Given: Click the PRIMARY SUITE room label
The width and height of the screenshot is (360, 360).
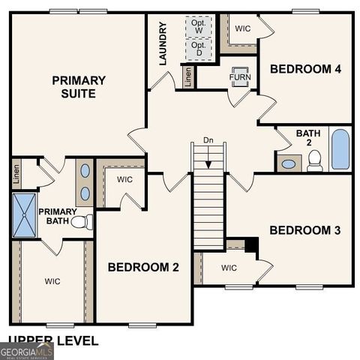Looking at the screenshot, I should tap(78, 86).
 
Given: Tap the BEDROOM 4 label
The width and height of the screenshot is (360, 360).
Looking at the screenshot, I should tap(305, 69).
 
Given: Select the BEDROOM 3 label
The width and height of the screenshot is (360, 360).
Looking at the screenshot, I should tap(304, 229).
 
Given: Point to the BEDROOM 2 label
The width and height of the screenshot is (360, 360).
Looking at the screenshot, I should tap(143, 267).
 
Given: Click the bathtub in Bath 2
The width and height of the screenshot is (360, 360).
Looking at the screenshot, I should tap(340, 148).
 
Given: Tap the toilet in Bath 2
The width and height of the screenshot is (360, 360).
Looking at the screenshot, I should tap(314, 160).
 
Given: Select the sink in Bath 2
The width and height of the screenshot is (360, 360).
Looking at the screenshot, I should tap(289, 163).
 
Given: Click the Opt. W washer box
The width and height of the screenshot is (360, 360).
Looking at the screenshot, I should tap(199, 25).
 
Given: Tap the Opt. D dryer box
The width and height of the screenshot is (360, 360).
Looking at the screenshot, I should tap(199, 49).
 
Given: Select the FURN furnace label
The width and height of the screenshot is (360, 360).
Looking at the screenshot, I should tap(240, 77).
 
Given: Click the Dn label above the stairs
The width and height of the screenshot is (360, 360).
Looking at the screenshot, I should tap(208, 139).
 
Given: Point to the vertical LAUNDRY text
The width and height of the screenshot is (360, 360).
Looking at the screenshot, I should tap(163, 43).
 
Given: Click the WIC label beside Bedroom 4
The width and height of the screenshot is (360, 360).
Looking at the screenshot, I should tap(243, 28).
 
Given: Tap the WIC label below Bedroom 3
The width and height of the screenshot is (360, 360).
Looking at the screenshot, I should tap(229, 268).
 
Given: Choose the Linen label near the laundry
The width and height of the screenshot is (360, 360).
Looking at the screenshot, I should tap(187, 76).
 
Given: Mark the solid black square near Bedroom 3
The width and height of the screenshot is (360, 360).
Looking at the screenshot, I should tap(251, 245).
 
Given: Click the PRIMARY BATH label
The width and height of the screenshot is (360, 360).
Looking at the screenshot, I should tap(58, 217).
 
